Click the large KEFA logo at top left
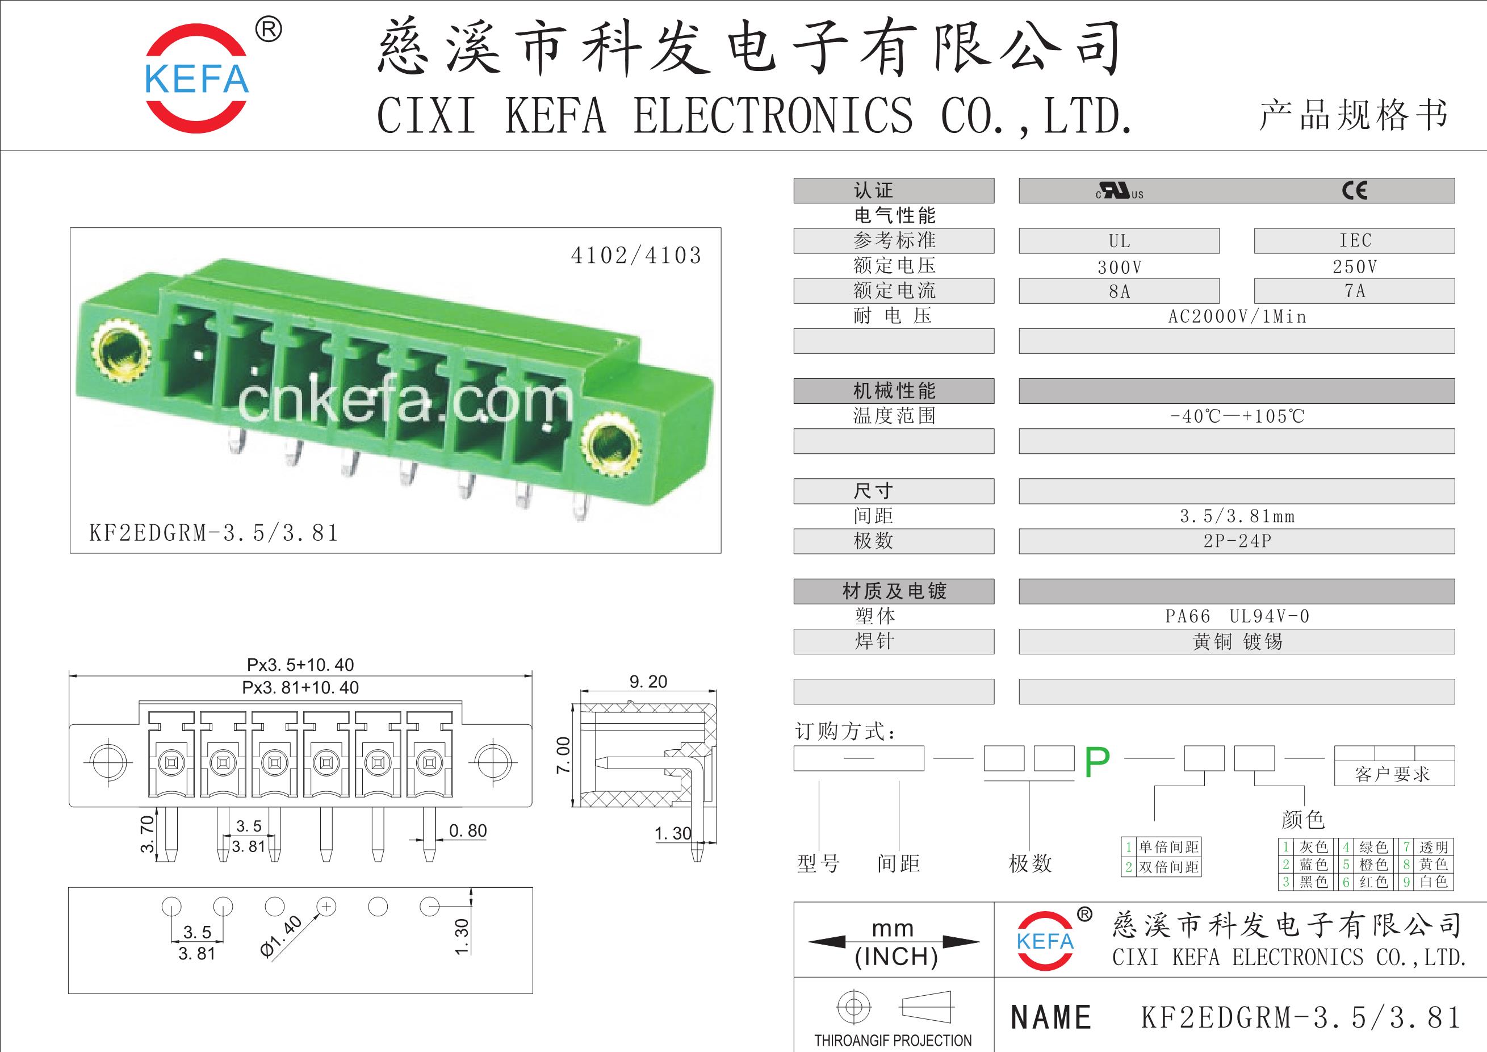coord(197,78)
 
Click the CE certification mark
coord(1354,190)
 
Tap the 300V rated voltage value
coord(1119,266)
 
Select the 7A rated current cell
coord(1354,291)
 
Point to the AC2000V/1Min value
coord(1237,316)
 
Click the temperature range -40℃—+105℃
coord(1237,416)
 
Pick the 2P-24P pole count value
coord(1237,541)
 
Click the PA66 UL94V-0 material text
coord(1237,616)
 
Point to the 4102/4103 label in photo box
coord(636,255)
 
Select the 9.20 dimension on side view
coord(648,682)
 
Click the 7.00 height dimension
coord(563,755)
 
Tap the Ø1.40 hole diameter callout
coord(281,936)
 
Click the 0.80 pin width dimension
coord(468,830)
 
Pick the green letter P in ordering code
coord(1097,763)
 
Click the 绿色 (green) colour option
coord(1373,846)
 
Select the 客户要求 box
coord(1394,774)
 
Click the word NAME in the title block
coord(1051,1017)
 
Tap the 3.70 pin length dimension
coord(148,834)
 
